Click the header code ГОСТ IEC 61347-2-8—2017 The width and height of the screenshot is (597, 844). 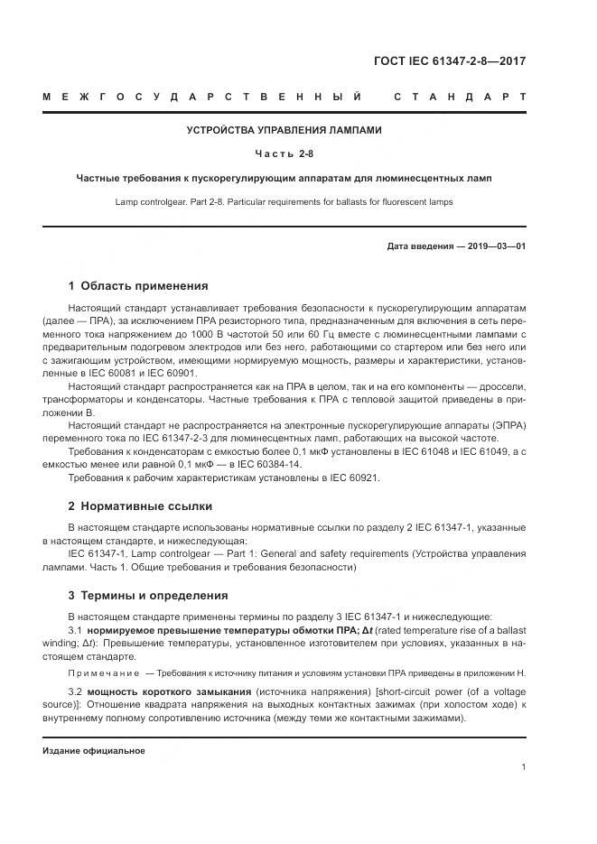449,62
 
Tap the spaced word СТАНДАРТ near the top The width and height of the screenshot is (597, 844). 460,96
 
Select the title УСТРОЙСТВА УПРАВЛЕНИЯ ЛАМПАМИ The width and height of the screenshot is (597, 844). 284,130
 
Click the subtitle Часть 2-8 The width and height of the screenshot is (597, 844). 284,154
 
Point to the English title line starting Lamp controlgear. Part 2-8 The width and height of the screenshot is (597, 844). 284,201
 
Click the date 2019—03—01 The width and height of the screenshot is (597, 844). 495,246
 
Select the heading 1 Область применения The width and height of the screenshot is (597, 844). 138,286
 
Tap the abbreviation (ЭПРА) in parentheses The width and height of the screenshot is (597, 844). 508,425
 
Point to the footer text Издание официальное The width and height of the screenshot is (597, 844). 94,751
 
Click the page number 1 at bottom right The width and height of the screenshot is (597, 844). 524,767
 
